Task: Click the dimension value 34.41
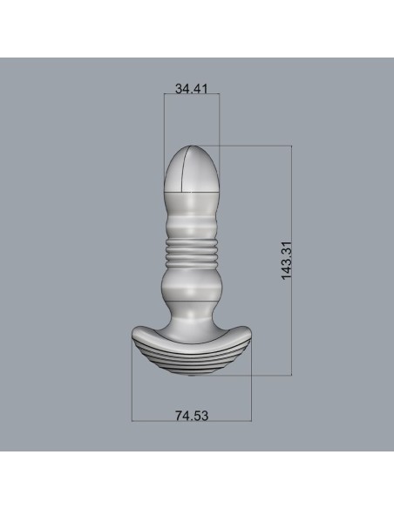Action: click(x=191, y=88)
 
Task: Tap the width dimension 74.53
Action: click(x=191, y=417)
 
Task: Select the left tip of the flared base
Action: click(x=132, y=332)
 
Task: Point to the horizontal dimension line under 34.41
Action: click(x=191, y=98)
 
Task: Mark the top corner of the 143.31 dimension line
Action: click(x=290, y=146)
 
